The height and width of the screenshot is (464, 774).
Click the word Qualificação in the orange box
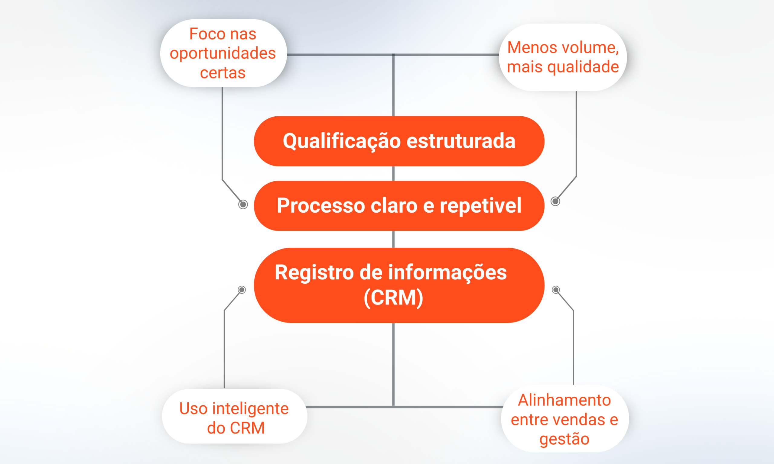coord(342,141)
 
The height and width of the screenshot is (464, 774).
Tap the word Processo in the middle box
coord(321,206)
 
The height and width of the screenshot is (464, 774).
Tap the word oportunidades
coord(223,53)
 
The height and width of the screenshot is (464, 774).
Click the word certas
coord(223,73)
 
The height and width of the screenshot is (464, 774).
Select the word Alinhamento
coord(564,400)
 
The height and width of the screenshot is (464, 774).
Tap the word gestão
coord(564,439)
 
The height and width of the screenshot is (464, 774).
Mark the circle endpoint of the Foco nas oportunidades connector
coord(243,205)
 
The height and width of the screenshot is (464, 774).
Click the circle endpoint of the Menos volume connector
coord(555,201)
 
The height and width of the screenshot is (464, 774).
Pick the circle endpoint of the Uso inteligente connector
coord(242,290)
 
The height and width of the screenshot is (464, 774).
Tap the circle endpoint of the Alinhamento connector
coord(556,290)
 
